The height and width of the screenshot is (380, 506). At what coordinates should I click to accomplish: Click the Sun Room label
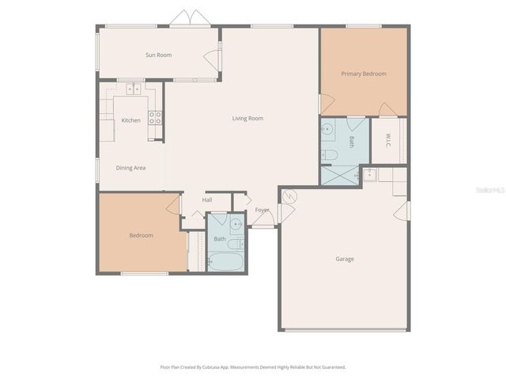pyautogui.click(x=158, y=55)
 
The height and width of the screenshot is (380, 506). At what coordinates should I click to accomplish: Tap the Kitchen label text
pyautogui.click(x=131, y=120)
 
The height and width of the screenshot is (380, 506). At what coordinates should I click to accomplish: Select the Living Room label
pyautogui.click(x=247, y=119)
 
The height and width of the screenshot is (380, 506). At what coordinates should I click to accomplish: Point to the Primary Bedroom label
pyautogui.click(x=364, y=74)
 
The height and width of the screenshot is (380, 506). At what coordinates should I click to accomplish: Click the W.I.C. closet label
pyautogui.click(x=388, y=140)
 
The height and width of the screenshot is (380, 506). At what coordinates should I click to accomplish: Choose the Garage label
pyautogui.click(x=345, y=259)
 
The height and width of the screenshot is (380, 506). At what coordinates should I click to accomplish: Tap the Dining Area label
pyautogui.click(x=130, y=168)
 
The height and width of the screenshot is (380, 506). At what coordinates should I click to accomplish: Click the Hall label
pyautogui.click(x=207, y=199)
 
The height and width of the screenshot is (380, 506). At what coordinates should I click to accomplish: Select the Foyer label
pyautogui.click(x=262, y=210)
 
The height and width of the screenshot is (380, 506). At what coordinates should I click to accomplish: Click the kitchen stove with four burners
pyautogui.click(x=156, y=118)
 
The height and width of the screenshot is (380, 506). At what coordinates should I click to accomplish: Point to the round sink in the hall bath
pyautogui.click(x=236, y=222)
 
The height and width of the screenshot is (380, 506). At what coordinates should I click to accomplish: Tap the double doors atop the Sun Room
pyautogui.click(x=191, y=18)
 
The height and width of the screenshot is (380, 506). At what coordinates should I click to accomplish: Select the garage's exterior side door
pyautogui.click(x=404, y=211)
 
